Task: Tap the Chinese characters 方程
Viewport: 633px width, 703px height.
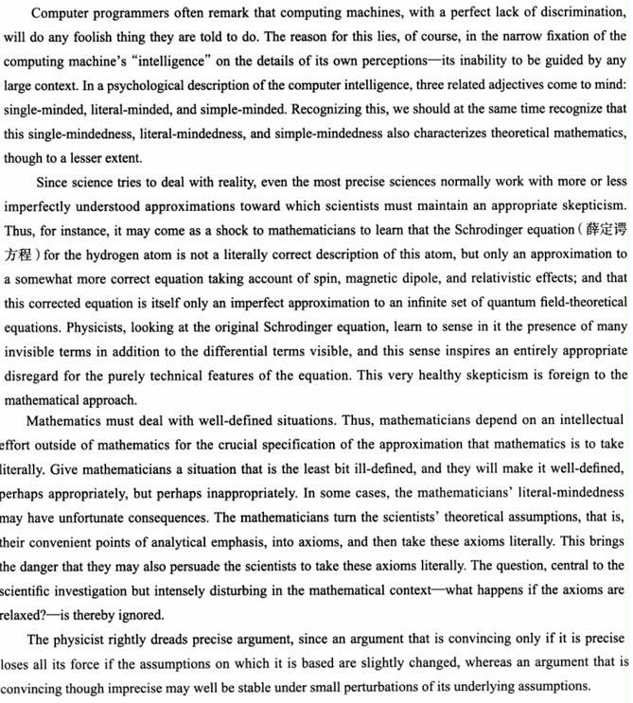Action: [20, 255]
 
